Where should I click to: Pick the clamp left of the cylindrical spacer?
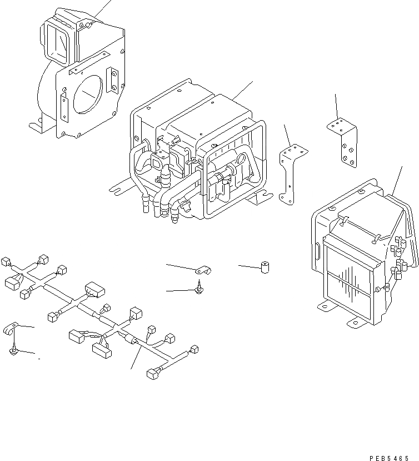click(204, 271)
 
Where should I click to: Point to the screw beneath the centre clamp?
click(198, 289)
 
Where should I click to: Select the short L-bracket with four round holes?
click(343, 141)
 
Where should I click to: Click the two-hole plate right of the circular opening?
click(113, 80)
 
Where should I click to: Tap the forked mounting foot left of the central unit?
click(119, 187)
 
